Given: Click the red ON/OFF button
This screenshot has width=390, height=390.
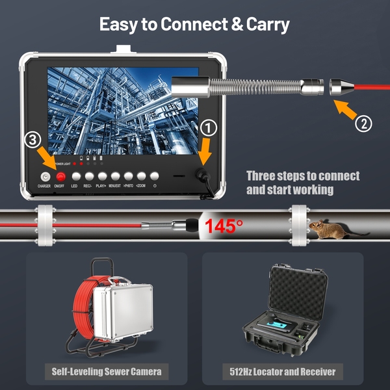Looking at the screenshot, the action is click(x=60, y=177).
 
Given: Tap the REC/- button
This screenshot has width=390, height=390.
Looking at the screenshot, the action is click(x=88, y=177).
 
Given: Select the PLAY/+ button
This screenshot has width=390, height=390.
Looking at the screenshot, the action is click(x=101, y=177).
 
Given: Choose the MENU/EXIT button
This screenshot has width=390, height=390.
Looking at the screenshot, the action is click(x=114, y=177).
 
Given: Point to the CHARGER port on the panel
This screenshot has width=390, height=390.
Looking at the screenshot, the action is click(x=45, y=177).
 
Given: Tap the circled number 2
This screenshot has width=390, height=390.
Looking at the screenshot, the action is click(x=364, y=123).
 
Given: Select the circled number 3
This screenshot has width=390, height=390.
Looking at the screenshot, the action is click(x=34, y=140).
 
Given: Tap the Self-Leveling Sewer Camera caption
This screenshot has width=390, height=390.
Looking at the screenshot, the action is click(x=106, y=372).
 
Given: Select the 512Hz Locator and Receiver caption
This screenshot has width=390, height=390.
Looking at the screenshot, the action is click(x=283, y=372).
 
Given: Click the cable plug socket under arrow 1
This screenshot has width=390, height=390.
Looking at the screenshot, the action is click(x=200, y=175).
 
